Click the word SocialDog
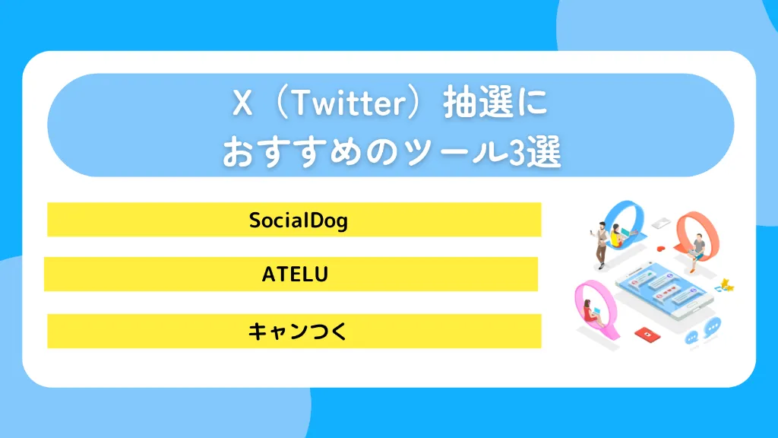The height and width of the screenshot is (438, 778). click(298, 221)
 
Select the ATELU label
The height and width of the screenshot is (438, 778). click(295, 275)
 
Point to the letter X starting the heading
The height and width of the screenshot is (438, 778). click(242, 105)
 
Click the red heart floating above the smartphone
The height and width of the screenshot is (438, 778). click(661, 249)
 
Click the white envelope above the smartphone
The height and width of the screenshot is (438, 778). click(659, 223)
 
